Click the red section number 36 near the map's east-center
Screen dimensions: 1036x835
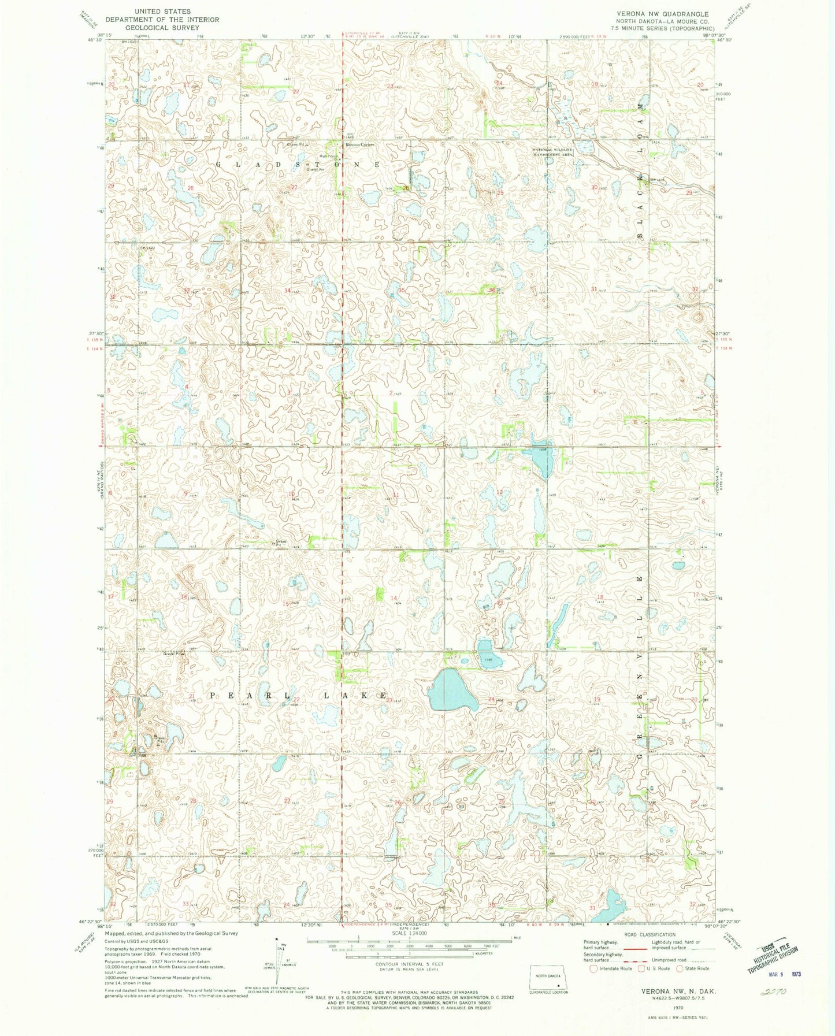click(x=492, y=290)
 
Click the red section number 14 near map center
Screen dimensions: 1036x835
click(x=395, y=597)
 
